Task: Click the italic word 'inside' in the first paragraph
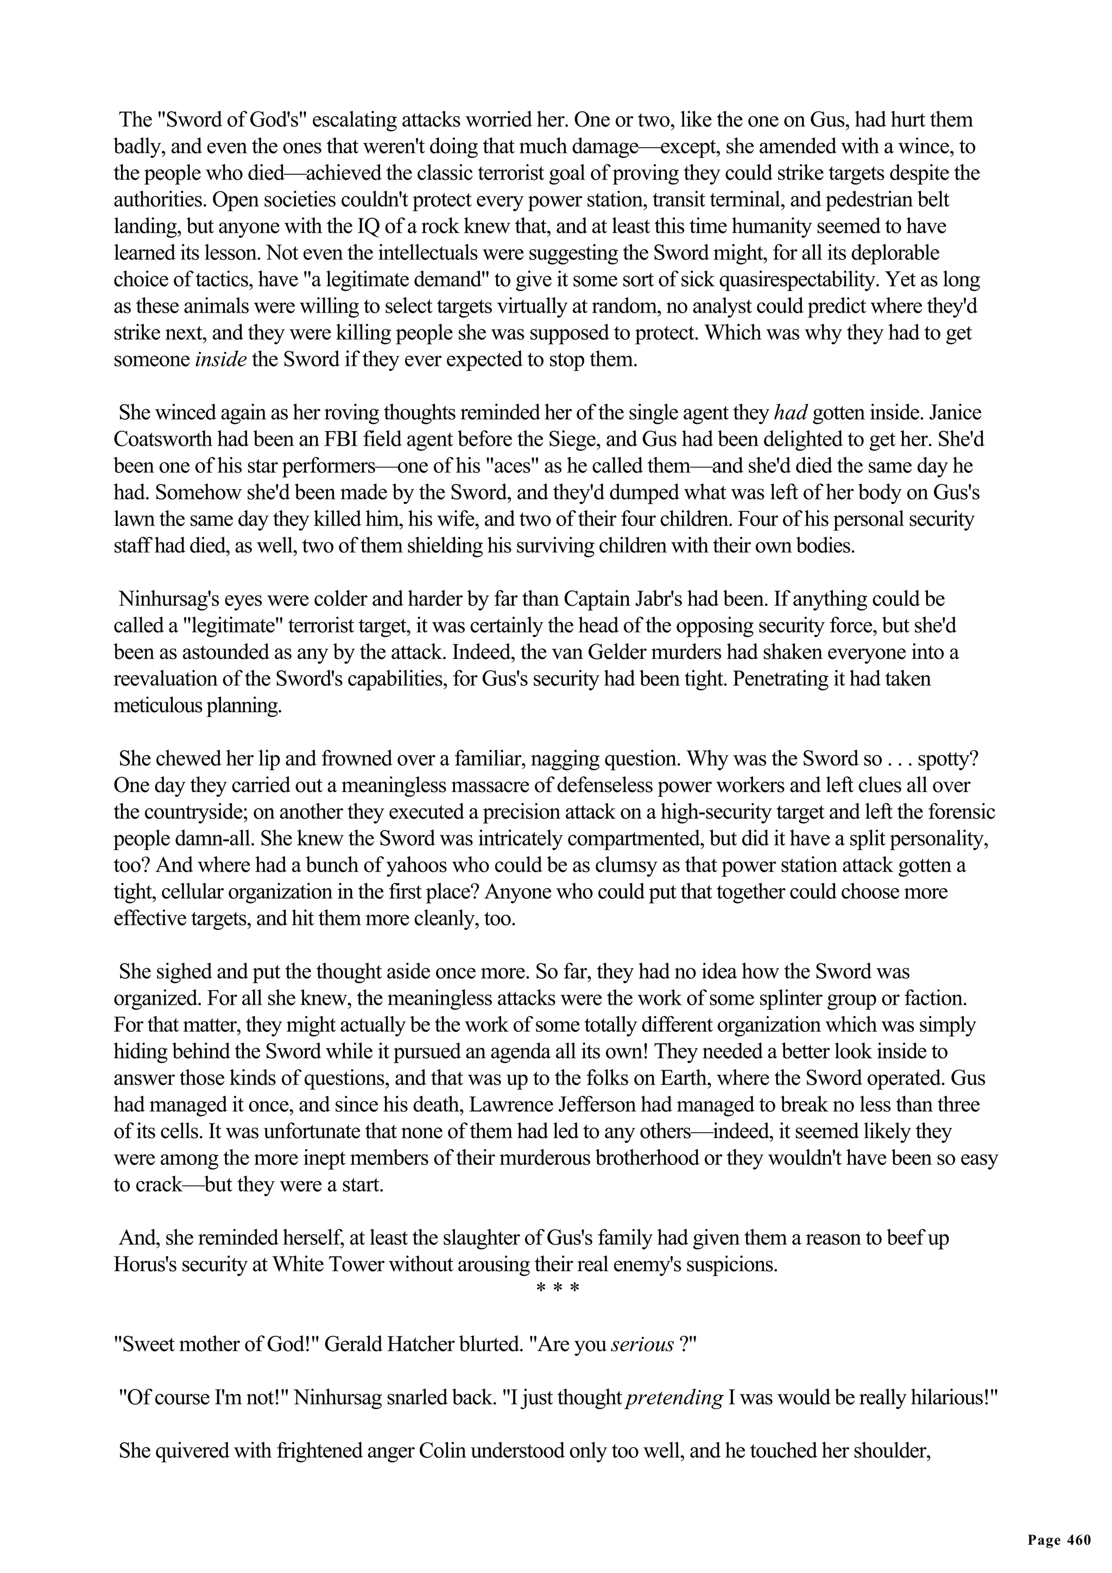220,360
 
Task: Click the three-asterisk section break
557,1289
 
